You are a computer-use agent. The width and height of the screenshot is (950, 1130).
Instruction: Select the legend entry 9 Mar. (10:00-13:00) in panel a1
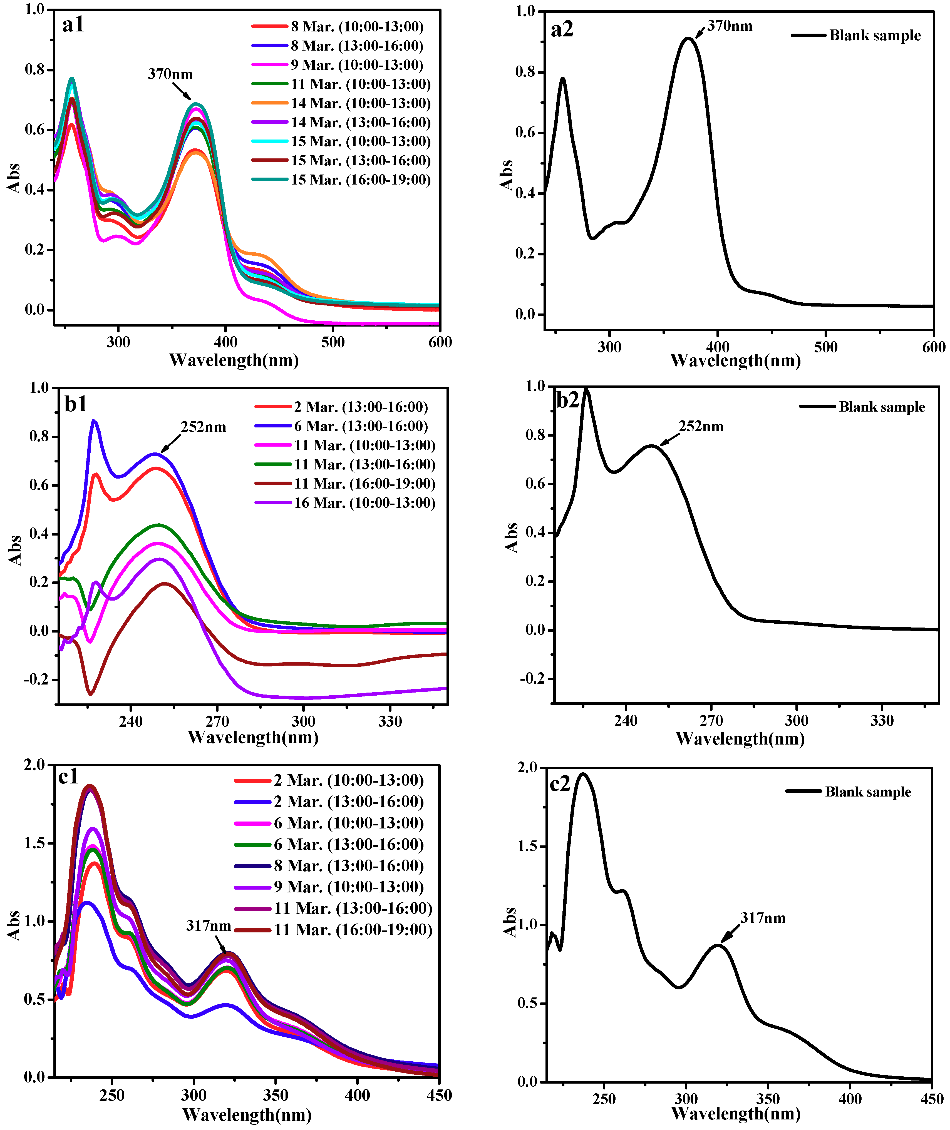356,65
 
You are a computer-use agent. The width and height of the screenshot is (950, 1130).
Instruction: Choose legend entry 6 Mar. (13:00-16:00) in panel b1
360,426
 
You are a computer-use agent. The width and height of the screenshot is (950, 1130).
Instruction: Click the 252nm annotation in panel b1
203,427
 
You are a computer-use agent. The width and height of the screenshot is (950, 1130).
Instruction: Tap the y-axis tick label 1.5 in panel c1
34,843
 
